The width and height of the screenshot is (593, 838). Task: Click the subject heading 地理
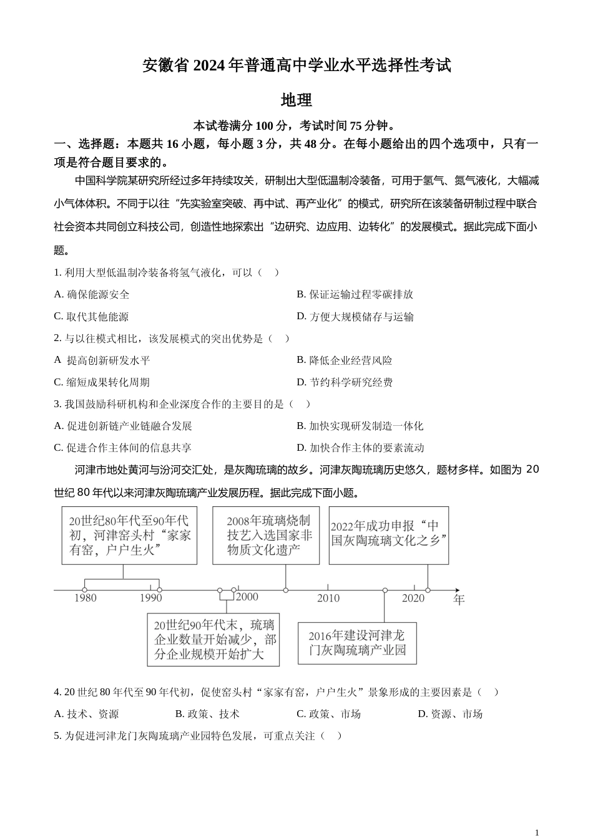(x=296, y=100)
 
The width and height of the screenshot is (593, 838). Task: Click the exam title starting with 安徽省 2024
(x=296, y=65)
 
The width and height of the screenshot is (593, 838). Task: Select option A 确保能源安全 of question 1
(x=92, y=294)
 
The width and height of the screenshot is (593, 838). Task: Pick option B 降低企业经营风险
(x=345, y=360)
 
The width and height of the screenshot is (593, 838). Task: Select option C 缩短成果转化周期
(x=102, y=382)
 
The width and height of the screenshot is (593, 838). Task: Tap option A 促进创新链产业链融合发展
(x=123, y=426)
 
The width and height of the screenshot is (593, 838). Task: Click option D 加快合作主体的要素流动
(x=360, y=448)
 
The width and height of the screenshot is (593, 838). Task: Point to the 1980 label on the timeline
(x=86, y=599)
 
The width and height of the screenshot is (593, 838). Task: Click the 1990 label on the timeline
(x=150, y=599)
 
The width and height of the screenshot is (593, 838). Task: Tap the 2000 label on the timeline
(x=247, y=597)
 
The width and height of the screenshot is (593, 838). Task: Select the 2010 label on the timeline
(x=328, y=599)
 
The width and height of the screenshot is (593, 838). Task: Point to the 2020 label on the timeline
(x=413, y=599)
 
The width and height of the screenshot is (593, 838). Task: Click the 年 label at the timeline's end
(x=459, y=600)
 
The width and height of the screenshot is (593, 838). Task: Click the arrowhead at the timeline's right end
(x=457, y=589)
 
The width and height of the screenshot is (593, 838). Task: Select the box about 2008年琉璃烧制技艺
(x=266, y=535)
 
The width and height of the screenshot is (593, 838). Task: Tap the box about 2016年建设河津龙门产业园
(x=357, y=643)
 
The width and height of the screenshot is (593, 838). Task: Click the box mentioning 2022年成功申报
(x=388, y=535)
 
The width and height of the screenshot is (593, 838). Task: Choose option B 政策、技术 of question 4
(x=207, y=714)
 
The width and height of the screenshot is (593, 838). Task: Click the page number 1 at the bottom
(x=537, y=832)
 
